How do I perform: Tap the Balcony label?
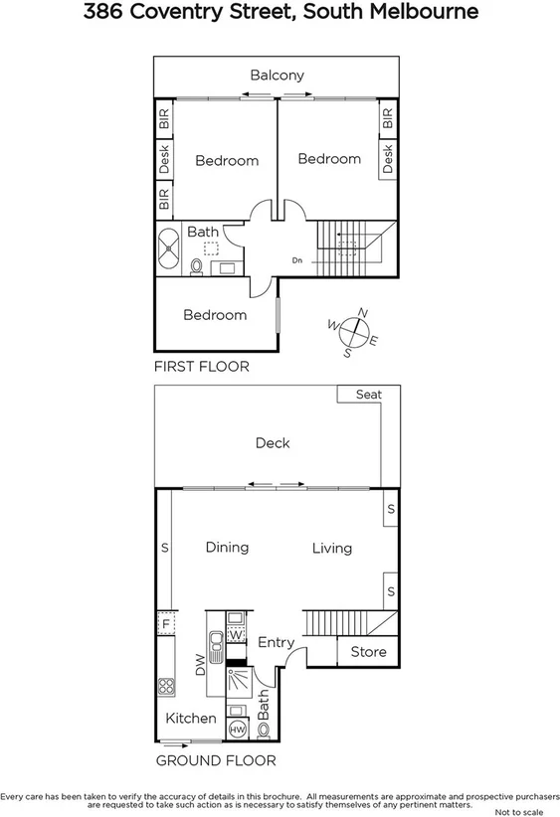(x=277, y=76)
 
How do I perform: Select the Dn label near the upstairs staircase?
(x=296, y=261)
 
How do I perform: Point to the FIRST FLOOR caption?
(x=201, y=367)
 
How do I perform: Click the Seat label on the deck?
(x=368, y=395)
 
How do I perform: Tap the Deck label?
(x=272, y=443)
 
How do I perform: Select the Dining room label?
(x=227, y=547)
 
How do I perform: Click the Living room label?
(x=331, y=548)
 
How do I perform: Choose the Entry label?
(x=276, y=643)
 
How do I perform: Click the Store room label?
(x=368, y=652)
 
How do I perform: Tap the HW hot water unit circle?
(x=238, y=730)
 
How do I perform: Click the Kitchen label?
(x=190, y=718)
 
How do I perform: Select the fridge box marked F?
(x=165, y=624)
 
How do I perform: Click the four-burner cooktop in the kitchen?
(x=165, y=687)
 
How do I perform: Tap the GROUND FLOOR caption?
(x=216, y=761)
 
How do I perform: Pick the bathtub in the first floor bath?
(x=168, y=248)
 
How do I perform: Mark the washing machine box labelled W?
(x=237, y=634)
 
